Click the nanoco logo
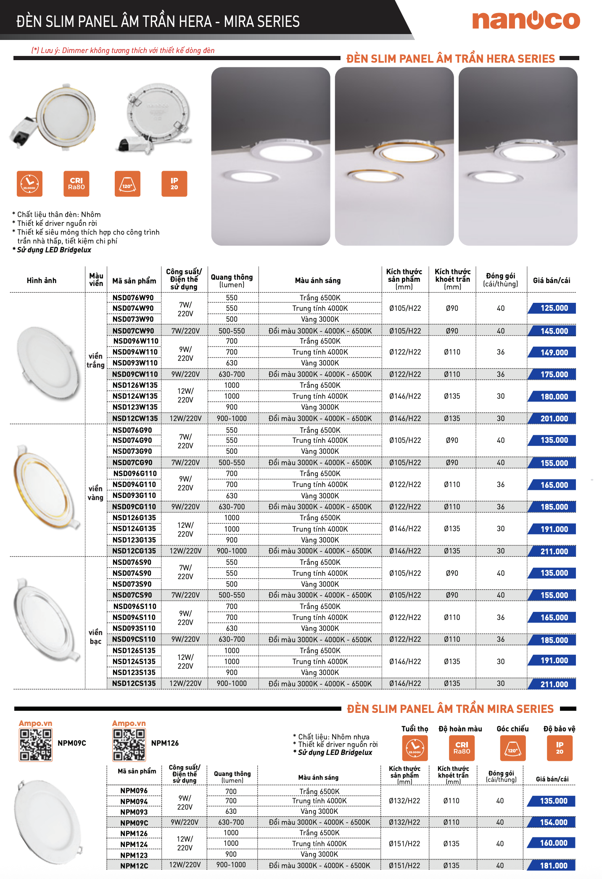point(526,20)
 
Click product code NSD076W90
point(133,298)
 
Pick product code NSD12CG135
point(134,551)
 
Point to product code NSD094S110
point(134,617)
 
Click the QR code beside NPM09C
point(36,745)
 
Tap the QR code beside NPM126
point(129,745)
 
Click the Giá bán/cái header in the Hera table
point(552,281)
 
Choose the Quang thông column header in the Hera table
point(232,281)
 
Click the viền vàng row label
point(95,493)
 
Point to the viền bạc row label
point(95,637)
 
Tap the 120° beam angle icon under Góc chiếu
point(512,748)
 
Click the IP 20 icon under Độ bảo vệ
point(559,748)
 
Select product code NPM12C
point(134,866)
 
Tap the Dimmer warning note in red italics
point(123,50)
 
